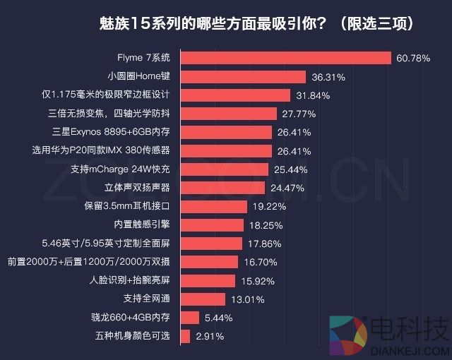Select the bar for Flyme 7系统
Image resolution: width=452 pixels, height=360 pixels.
286,58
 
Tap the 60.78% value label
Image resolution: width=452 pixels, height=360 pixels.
413,58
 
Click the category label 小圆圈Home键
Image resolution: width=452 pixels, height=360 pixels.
139,76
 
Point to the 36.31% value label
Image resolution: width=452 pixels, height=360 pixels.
328,76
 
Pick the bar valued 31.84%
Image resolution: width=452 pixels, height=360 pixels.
235,95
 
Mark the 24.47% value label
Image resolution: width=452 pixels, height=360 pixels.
287,188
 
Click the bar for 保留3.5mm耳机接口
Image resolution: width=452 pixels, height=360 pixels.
214,206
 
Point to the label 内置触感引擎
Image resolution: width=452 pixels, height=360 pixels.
142,225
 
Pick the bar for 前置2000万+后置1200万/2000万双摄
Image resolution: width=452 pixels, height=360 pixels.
209,262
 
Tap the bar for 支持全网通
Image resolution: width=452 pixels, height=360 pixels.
203,299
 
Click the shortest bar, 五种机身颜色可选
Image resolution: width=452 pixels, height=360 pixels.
185,336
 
